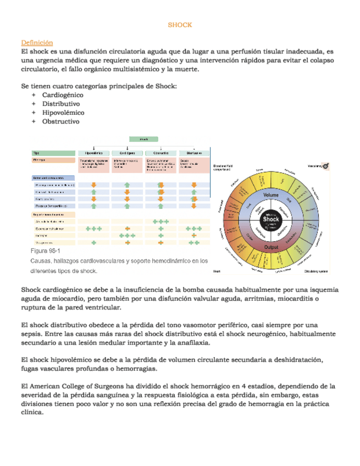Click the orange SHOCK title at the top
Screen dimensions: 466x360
click(180, 25)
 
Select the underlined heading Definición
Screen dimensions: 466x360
click(37, 42)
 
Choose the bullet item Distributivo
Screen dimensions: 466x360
click(61, 104)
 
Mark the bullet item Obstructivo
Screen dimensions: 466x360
click(61, 121)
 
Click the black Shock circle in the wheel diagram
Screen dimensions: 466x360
click(271, 222)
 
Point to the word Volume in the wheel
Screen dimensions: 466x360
click(271, 196)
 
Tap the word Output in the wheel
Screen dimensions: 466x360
click(271, 248)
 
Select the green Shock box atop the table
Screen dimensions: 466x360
click(143, 140)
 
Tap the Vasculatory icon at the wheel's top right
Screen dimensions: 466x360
click(326, 165)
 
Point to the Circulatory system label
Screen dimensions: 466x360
click(317, 271)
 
